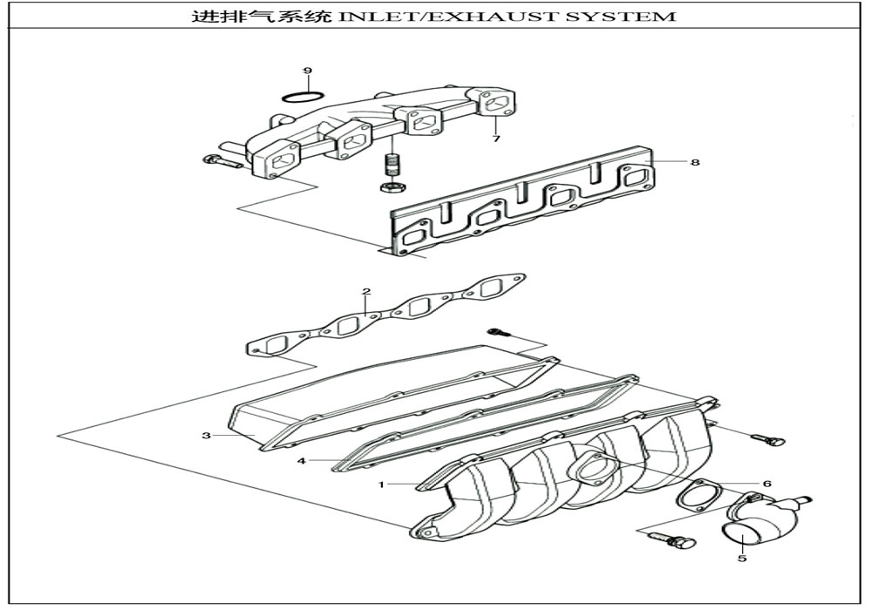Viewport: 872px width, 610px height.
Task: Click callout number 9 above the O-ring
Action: pos(307,70)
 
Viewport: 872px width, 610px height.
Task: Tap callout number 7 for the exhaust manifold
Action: pos(495,139)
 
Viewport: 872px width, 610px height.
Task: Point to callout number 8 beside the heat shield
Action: pos(695,162)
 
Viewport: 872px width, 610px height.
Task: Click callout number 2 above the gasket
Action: pos(366,291)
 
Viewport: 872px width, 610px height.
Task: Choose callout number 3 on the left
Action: pos(207,435)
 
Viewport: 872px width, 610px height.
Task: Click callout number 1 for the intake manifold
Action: pos(380,482)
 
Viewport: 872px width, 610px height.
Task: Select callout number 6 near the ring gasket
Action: pos(766,483)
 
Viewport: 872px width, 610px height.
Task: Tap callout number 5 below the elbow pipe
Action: pos(742,558)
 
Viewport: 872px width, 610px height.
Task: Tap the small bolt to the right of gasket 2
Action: pos(500,332)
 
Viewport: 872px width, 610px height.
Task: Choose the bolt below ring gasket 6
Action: pos(673,540)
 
